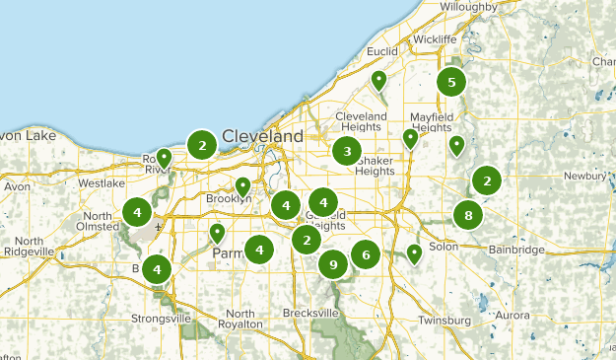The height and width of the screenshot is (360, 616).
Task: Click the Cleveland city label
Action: pyautogui.click(x=262, y=135)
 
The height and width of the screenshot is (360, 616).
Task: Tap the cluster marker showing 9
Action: pyautogui.click(x=334, y=264)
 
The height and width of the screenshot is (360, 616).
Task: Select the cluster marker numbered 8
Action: pyautogui.click(x=468, y=215)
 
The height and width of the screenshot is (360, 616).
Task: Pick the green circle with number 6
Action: pyautogui.click(x=366, y=254)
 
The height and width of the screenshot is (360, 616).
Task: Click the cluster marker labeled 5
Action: pyautogui.click(x=451, y=82)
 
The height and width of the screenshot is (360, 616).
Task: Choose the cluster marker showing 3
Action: pyautogui.click(x=346, y=151)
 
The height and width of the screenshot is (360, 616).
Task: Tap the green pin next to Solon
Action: pyautogui.click(x=415, y=253)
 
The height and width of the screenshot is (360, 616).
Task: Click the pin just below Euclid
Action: pyautogui.click(x=378, y=80)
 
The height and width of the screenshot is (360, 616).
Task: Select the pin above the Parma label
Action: pyautogui.click(x=218, y=234)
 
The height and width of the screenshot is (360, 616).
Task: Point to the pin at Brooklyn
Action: pyautogui.click(x=243, y=185)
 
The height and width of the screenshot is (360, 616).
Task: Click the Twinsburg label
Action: pyautogui.click(x=444, y=321)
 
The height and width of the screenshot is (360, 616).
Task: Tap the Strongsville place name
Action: pyautogui.click(x=162, y=319)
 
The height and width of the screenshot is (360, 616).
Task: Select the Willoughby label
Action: pyautogui.click(x=470, y=7)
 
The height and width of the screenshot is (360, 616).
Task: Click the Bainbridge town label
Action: pyautogui.click(x=517, y=251)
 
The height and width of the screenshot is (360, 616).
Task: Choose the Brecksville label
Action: pyautogui.click(x=308, y=313)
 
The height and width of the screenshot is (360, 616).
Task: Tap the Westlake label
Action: pyautogui.click(x=102, y=183)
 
